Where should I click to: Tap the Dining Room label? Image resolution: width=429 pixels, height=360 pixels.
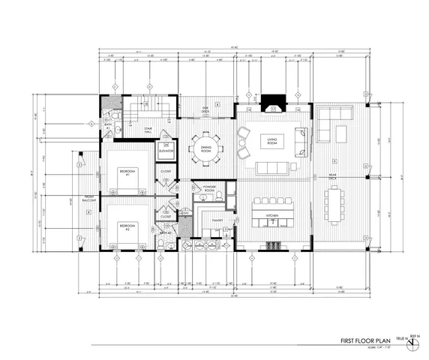pos(205,148)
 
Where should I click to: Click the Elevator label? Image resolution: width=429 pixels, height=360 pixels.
pos(166,151)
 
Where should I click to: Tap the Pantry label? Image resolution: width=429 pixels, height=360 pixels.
pos(217,220)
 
